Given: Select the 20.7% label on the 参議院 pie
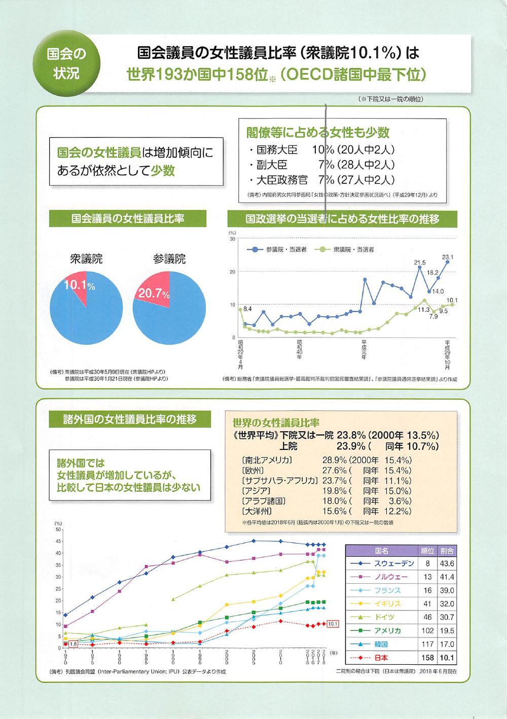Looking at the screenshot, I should coord(154,292).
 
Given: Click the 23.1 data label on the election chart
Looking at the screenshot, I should coord(448,257).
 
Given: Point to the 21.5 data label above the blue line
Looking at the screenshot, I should coord(420,262).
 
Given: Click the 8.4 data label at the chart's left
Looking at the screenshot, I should coord(247,308).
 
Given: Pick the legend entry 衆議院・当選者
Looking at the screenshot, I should coord(345,250).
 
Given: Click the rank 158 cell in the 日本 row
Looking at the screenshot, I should coord(427,658).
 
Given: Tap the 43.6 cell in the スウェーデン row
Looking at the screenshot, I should coord(447,563).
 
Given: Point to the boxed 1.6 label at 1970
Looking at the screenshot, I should coord(73,644).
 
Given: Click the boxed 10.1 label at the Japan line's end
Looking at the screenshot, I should coord(333,624).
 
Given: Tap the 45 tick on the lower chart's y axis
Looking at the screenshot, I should coord(58,541).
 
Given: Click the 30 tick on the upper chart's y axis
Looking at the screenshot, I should coord(232,239).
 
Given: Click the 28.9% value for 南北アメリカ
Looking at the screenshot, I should coord(335,460).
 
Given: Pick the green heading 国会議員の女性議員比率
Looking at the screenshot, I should coord(127,218).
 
